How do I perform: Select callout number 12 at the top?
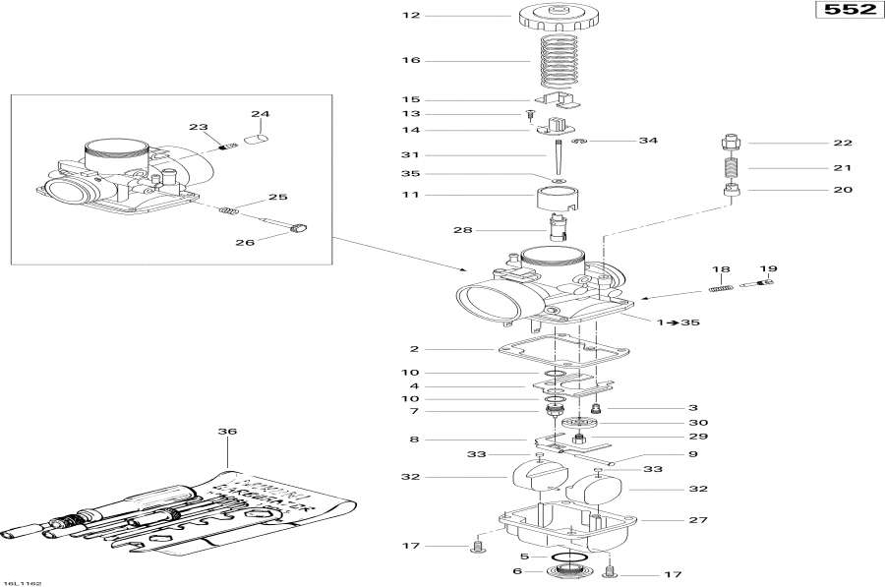point(410,16)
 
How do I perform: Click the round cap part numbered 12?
point(558,18)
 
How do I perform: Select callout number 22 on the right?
point(843,143)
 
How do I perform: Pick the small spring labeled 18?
point(721,287)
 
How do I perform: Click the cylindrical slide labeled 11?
point(558,197)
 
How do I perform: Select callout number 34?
point(647,141)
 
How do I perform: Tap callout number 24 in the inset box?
point(260,114)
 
